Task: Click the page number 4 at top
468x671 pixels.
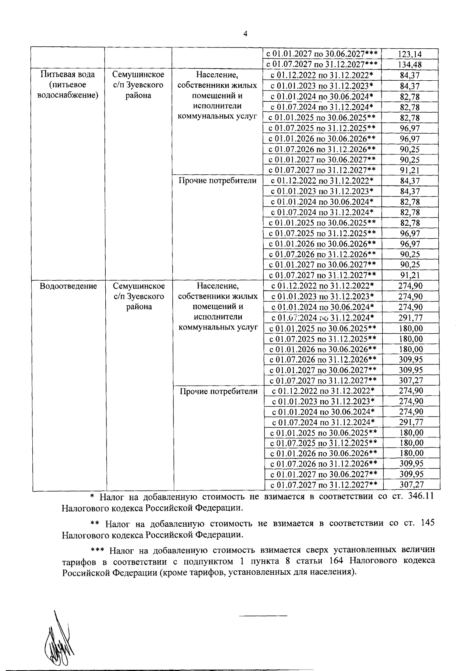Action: (x=245, y=34)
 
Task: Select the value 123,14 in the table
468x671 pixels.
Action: (x=410, y=54)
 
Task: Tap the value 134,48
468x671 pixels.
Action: (x=410, y=65)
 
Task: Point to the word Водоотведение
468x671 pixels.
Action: (x=68, y=286)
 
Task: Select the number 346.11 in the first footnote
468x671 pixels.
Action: (x=418, y=497)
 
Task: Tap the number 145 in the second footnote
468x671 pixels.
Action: (x=428, y=523)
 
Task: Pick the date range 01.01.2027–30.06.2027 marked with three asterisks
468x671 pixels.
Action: (x=322, y=54)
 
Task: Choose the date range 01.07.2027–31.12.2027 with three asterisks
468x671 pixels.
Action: (x=322, y=65)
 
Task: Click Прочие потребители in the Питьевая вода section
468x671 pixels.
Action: (x=218, y=181)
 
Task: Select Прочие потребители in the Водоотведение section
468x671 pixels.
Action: (x=218, y=391)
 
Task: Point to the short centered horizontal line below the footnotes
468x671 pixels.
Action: (x=263, y=616)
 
